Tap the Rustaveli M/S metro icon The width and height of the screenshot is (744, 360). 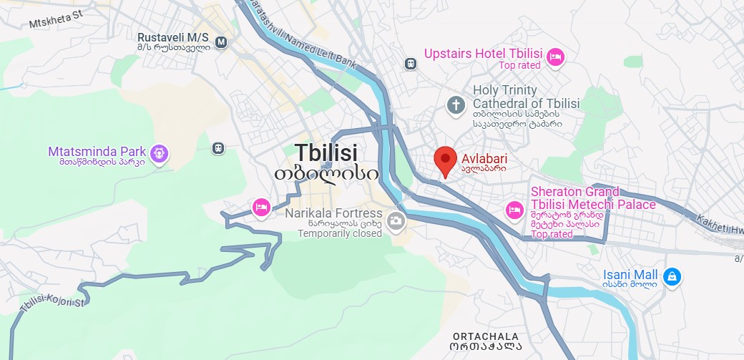(221, 42)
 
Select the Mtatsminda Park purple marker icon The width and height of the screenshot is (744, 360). (159, 152)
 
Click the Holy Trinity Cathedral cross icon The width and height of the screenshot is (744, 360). (456, 105)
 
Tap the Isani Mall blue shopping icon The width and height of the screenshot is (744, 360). (671, 276)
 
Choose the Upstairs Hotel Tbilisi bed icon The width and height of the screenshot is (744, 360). (556, 57)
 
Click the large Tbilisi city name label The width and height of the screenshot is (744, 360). (326, 152)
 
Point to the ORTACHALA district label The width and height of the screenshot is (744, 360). (486, 336)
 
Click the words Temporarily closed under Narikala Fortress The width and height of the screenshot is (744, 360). (340, 233)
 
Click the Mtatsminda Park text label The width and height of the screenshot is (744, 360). (97, 152)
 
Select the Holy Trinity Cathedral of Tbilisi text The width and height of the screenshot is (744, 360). (526, 97)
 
